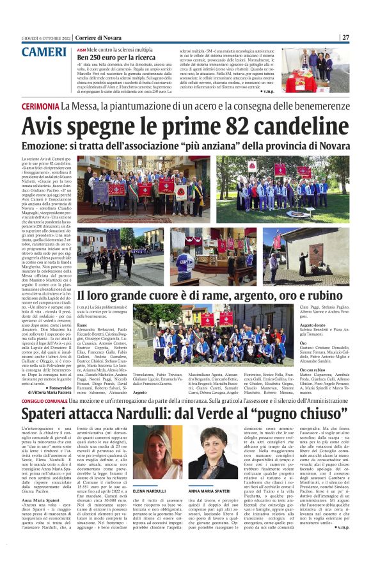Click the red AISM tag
coord(81,49)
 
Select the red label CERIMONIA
coord(40,105)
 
